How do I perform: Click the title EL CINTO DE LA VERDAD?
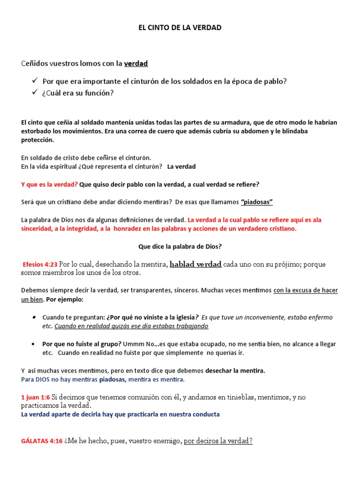(180, 28)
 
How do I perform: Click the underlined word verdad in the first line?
(136, 63)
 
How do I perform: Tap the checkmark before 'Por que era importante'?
(35, 81)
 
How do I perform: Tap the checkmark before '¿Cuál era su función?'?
(35, 93)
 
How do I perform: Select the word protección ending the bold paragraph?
(38, 140)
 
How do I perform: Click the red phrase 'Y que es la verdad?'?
(50, 184)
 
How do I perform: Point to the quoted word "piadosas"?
(257, 202)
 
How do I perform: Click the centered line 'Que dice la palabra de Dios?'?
(180, 247)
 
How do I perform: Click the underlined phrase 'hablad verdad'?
(195, 264)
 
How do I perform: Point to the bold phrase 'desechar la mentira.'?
(235, 370)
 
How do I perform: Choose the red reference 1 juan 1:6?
(35, 397)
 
